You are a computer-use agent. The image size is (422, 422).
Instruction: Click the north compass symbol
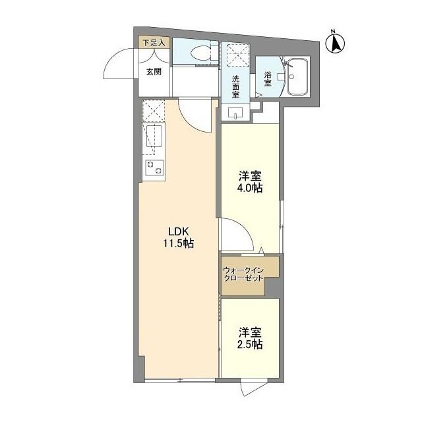tap(336, 42)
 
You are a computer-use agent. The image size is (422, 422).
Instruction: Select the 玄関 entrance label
tap(154, 71)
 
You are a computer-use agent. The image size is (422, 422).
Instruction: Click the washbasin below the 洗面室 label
tap(235, 113)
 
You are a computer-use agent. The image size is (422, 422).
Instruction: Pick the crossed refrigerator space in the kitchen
tap(154, 111)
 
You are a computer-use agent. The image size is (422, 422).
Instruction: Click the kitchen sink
tap(156, 138)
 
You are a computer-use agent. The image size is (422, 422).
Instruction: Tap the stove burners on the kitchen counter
tap(155, 167)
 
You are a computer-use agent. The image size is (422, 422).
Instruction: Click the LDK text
tap(178, 231)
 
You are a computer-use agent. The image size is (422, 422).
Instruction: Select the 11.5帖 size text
tap(178, 243)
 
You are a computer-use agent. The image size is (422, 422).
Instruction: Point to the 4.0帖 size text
tap(250, 189)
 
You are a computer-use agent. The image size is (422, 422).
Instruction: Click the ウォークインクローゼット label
tap(243, 274)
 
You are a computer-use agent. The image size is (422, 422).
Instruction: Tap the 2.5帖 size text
tap(250, 344)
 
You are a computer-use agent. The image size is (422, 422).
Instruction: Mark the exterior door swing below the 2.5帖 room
tap(253, 388)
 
